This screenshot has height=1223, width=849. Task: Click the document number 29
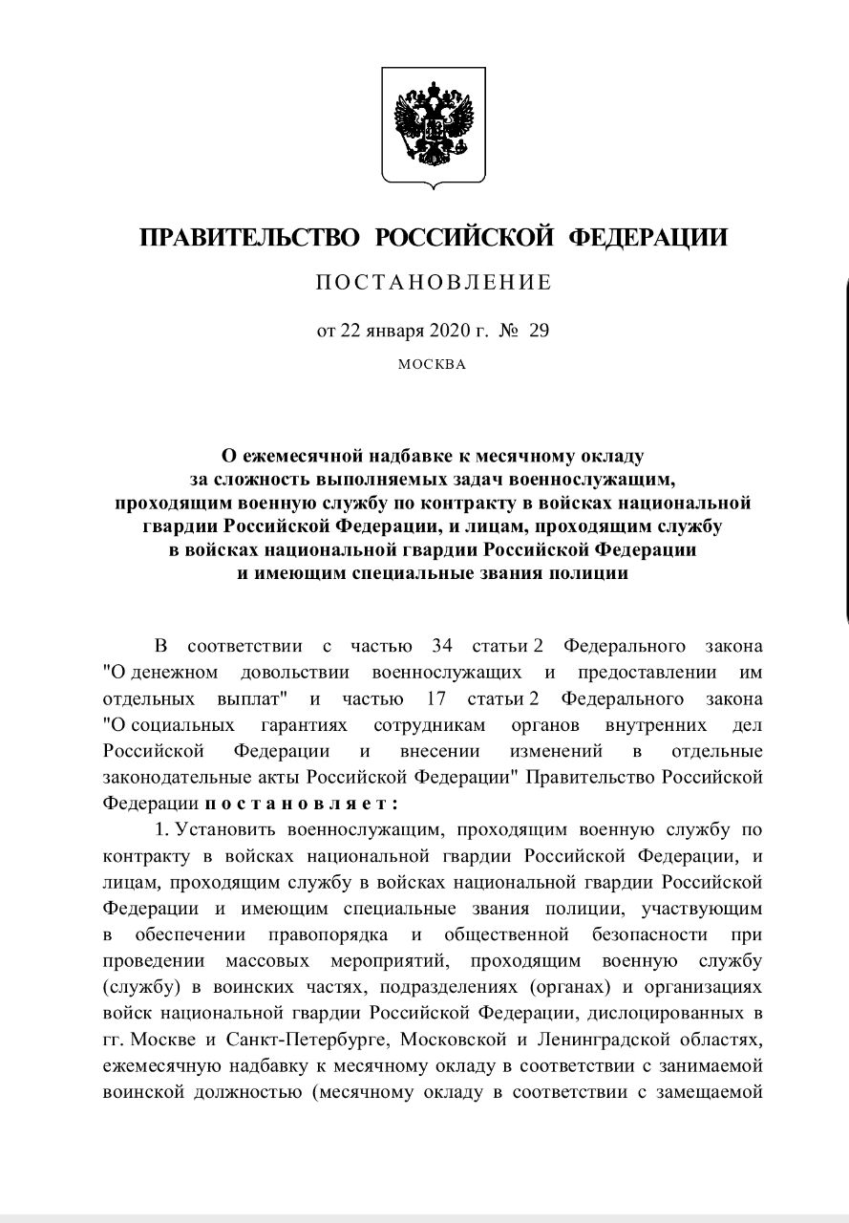pos(540,332)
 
